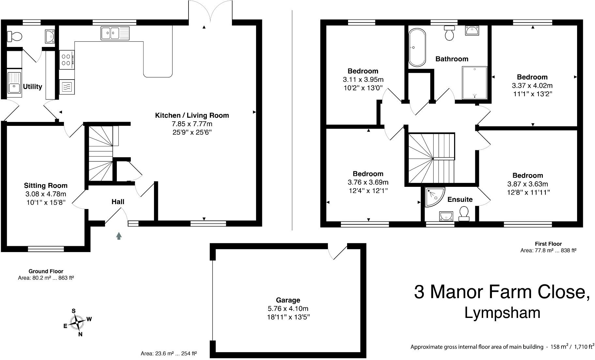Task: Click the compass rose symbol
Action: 77,322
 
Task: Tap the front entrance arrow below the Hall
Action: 119,236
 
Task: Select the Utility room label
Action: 33,86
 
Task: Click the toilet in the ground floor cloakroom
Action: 14,36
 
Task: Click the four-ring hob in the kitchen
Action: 67,60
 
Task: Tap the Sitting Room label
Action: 46,186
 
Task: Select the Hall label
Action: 118,202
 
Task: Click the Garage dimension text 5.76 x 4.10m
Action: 288,308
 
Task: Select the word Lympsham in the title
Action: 502,312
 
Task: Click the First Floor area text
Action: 548,250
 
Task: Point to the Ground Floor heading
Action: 46,271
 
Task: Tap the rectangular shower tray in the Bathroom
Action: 474,82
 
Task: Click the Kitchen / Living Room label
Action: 192,115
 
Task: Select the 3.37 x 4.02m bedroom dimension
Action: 532,86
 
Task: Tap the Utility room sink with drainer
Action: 14,83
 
